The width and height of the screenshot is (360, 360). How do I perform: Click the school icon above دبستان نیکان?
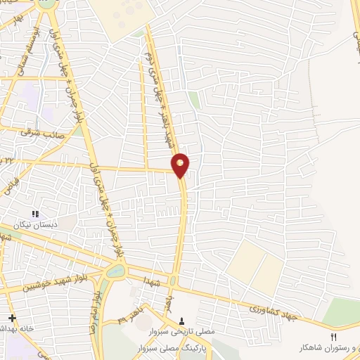click(x=35, y=214)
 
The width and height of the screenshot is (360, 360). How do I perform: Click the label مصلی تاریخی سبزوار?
click(x=184, y=330)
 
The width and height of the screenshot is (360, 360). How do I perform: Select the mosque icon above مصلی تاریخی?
click(x=184, y=321)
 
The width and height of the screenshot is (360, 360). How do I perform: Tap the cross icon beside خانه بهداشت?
click(x=11, y=318)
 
